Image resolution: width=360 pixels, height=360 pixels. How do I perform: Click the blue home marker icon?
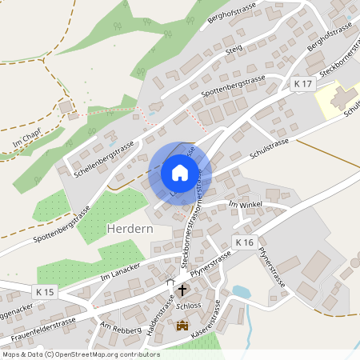point(180,173)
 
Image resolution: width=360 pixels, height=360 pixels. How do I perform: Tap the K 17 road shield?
point(302,84)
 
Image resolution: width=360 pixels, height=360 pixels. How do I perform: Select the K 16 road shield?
point(244,242)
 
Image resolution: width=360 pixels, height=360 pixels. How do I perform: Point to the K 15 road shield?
point(45,293)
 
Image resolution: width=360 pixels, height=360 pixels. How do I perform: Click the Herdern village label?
point(128,229)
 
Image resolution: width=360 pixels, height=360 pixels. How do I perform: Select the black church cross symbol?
point(182,290)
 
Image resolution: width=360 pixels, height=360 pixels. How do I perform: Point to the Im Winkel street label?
point(246,206)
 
